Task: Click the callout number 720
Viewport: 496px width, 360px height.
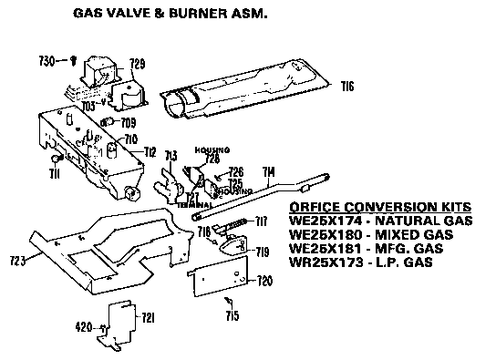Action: point(264,280)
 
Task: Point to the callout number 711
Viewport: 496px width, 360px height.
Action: point(54,173)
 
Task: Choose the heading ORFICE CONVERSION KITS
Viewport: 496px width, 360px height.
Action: point(373,206)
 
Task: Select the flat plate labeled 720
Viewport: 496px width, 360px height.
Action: point(219,277)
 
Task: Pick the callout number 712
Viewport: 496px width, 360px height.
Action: point(150,151)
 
